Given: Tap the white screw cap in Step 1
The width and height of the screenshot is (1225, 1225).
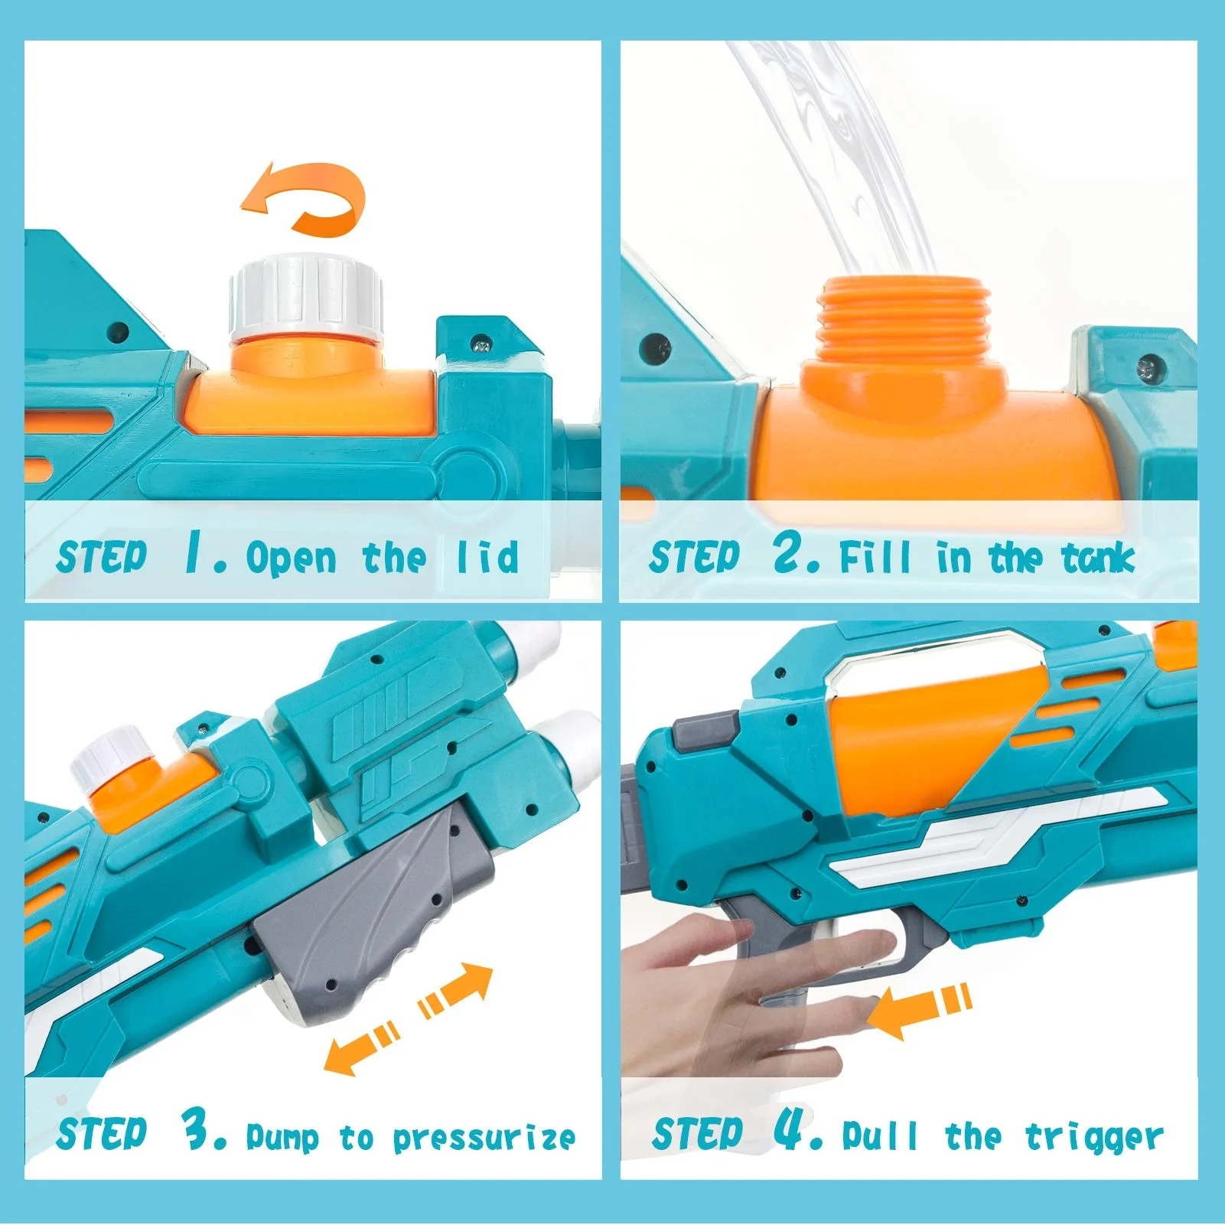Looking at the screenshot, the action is pos(305,298).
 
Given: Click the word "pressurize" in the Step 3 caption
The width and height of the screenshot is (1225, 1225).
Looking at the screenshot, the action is pos(484,1139).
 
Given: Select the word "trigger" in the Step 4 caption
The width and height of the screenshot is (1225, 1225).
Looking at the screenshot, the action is pos(1094,1139).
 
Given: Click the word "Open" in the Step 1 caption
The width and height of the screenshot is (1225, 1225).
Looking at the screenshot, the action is pos(291,558).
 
